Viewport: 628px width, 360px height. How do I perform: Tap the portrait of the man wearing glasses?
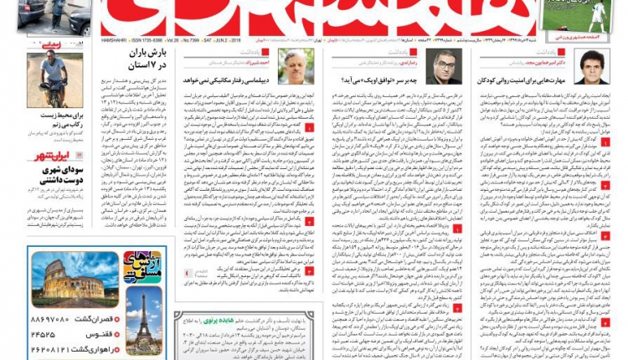point(444,66)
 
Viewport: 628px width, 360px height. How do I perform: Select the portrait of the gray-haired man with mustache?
point(297,66)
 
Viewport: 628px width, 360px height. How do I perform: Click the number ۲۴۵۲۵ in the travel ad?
point(51,333)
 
